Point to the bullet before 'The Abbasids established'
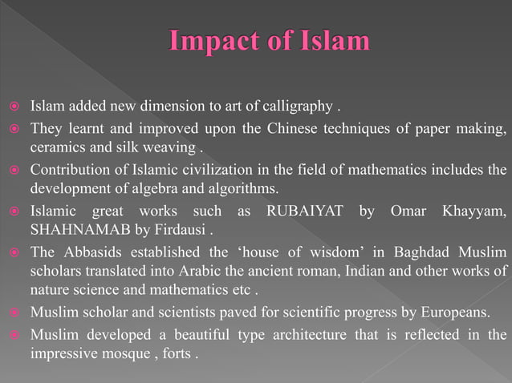point(13,253)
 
